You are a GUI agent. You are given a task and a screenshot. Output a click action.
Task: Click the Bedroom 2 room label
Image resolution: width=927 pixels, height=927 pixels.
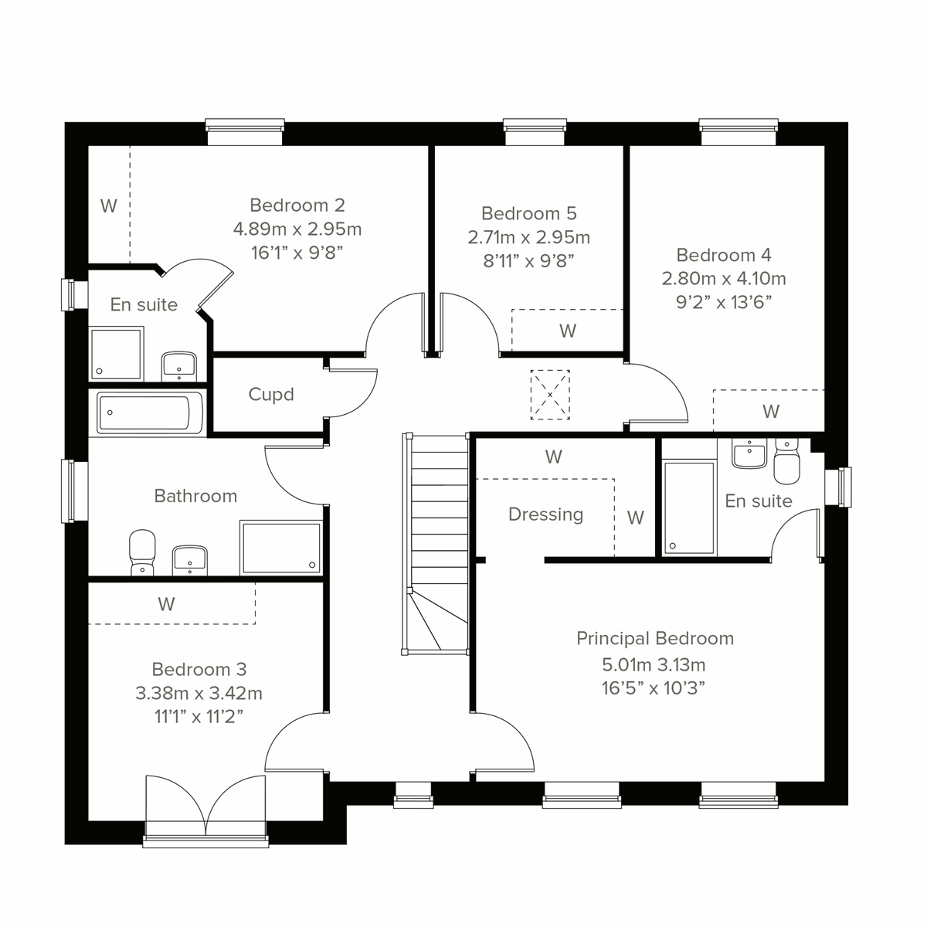pyautogui.click(x=297, y=205)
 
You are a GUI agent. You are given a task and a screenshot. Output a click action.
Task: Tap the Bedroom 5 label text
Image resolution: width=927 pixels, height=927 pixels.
pyautogui.click(x=528, y=213)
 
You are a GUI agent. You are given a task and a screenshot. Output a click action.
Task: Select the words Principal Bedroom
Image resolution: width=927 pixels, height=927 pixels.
pyautogui.click(x=654, y=639)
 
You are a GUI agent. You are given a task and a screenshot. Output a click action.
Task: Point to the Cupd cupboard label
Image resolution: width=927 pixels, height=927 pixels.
pyautogui.click(x=271, y=395)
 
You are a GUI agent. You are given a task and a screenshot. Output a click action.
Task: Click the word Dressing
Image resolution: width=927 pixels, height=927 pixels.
pyautogui.click(x=545, y=514)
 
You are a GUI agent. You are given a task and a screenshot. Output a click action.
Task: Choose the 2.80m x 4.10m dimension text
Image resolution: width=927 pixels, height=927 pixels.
pyautogui.click(x=723, y=278)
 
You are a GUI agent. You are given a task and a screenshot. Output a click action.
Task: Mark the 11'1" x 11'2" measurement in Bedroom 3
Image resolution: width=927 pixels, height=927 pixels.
pyautogui.click(x=199, y=716)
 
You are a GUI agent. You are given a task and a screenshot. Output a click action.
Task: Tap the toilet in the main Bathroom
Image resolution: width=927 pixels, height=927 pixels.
pyautogui.click(x=141, y=552)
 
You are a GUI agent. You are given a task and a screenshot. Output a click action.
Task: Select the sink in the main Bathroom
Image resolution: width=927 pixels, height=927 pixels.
pyautogui.click(x=188, y=559)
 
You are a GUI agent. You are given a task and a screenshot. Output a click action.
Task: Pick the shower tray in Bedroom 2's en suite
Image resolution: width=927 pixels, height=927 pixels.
pyautogui.click(x=117, y=354)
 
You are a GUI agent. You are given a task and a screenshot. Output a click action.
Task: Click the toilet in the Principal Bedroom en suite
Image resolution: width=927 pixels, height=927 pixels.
pyautogui.click(x=786, y=461)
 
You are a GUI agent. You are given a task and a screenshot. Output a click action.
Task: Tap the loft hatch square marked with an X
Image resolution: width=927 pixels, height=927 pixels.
pyautogui.click(x=550, y=395)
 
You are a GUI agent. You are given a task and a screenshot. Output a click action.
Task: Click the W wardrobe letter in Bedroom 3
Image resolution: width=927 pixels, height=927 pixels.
pyautogui.click(x=166, y=604)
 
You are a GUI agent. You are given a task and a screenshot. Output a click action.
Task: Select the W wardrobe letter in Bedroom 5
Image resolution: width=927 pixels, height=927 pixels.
pyautogui.click(x=567, y=331)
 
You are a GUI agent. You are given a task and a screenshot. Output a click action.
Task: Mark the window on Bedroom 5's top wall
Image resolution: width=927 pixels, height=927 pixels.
pyautogui.click(x=535, y=132)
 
